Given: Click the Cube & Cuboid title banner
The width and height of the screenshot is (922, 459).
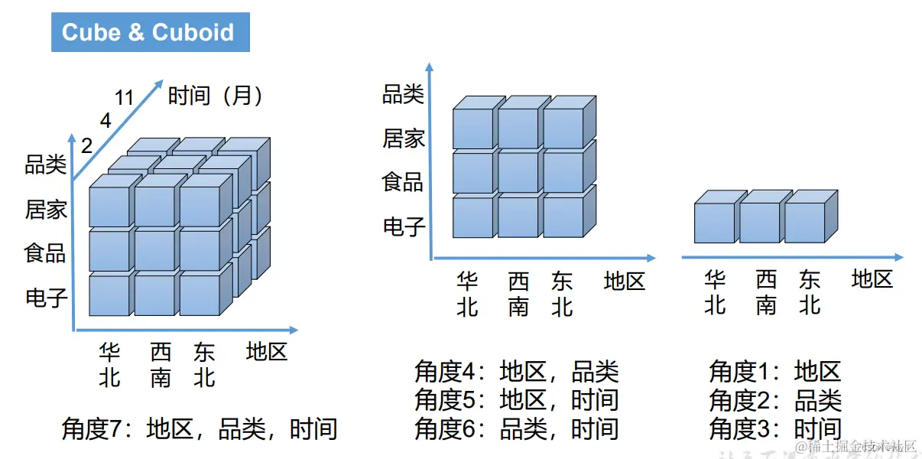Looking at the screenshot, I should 150,32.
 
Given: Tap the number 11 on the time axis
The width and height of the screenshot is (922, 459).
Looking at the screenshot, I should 125,98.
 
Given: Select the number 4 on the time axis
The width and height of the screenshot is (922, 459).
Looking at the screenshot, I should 106,121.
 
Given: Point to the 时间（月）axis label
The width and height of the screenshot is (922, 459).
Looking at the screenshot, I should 216,96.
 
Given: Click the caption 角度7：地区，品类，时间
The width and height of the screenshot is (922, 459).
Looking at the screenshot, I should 200,428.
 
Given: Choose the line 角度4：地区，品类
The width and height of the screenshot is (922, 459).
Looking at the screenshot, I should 516,373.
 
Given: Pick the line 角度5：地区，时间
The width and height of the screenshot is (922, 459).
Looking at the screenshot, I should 516,400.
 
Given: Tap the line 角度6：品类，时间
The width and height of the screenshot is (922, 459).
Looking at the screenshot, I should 516,428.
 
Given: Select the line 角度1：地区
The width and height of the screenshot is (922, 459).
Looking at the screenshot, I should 775,372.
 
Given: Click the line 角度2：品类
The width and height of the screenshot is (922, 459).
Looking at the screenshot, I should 775,400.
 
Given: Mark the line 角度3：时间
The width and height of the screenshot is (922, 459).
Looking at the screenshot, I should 775,428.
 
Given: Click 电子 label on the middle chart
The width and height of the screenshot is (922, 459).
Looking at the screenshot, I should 404,226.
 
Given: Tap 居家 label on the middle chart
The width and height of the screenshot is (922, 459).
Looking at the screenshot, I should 404,139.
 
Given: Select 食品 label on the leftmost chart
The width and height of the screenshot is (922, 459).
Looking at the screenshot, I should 46,253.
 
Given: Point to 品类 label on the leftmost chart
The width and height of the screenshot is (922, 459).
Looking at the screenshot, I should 46,165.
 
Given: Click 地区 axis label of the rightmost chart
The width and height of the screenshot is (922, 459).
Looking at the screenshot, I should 872,279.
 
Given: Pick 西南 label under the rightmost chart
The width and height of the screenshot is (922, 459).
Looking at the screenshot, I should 766,293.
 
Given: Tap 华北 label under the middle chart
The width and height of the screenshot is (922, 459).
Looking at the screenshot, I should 467,295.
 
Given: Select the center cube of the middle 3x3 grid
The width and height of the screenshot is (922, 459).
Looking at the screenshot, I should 518,172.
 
